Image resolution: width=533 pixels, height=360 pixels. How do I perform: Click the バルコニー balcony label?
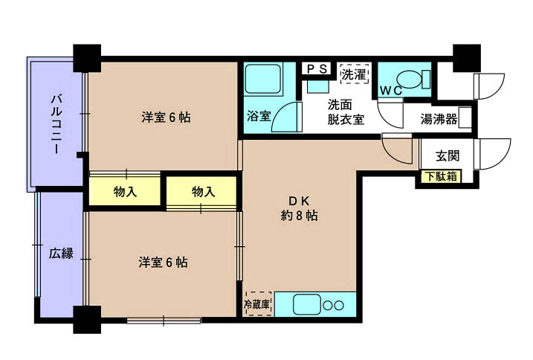[x=56, y=124]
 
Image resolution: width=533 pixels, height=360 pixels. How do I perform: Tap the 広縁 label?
[x=61, y=254]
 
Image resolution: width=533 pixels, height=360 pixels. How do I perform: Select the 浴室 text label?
[x=259, y=116]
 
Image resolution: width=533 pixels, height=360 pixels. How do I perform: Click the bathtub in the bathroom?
[x=263, y=80]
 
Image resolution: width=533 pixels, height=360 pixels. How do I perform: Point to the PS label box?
[x=317, y=69]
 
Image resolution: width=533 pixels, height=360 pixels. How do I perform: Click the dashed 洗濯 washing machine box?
[x=355, y=74]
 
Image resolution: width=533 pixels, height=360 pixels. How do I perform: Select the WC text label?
[x=391, y=91]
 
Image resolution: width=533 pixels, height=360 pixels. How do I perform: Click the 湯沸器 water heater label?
[x=439, y=119]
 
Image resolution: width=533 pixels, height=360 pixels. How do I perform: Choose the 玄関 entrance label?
[x=448, y=156]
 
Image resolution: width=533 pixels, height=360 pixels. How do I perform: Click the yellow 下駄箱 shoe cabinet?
[x=442, y=176]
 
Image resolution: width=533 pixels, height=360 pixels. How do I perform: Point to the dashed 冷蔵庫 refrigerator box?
[x=259, y=303]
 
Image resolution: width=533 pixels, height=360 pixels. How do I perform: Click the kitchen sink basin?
[x=307, y=304]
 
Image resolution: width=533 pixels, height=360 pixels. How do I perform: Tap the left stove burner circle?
[x=328, y=306]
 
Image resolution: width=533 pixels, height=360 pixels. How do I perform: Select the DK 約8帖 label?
[x=300, y=208]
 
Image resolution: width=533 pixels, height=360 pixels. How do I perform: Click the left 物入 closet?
[x=125, y=192]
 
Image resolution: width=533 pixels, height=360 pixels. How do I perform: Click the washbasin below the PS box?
[x=318, y=86]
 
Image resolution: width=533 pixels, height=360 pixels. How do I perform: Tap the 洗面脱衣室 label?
[x=346, y=112]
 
